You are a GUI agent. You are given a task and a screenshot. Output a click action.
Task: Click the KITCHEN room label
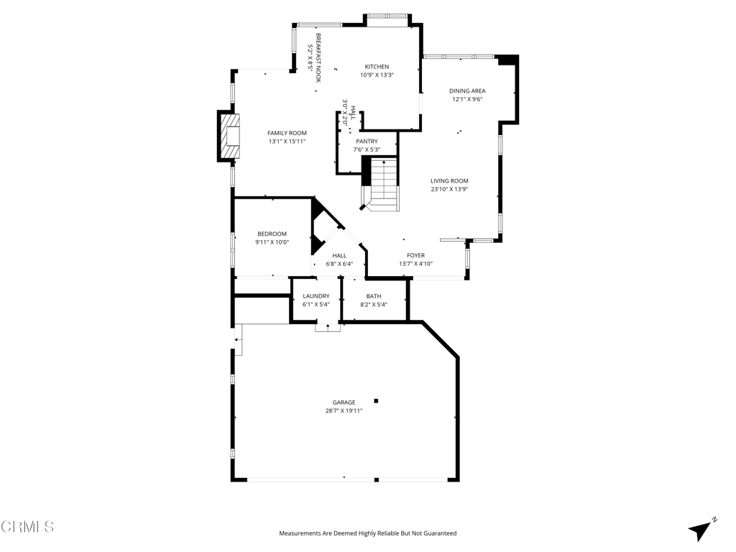click(377, 67)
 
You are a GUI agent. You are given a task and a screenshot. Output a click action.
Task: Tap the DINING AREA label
click(467, 91)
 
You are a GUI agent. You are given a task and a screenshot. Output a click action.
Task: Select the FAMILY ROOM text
click(287, 133)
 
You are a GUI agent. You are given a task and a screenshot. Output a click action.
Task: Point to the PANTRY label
click(367, 142)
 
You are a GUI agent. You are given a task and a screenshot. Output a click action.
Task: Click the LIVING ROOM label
click(450, 180)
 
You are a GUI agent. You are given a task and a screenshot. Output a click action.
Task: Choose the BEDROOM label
click(272, 234)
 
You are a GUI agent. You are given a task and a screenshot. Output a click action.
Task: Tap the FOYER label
click(416, 255)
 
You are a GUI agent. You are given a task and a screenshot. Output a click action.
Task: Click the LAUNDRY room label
click(316, 296)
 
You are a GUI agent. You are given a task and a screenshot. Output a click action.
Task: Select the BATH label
click(374, 296)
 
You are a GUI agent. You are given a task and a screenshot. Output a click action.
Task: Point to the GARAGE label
click(344, 402)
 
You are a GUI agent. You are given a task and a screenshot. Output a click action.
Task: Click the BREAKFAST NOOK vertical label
click(318, 57)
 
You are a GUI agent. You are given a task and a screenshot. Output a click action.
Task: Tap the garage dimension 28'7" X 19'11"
click(344, 410)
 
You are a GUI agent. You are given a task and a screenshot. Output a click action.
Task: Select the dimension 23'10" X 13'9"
click(450, 189)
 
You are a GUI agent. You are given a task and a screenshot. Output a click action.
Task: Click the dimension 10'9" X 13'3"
click(377, 75)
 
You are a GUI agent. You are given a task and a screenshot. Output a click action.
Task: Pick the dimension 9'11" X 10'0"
click(272, 242)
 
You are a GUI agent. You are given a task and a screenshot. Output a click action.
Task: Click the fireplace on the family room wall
click(229, 136)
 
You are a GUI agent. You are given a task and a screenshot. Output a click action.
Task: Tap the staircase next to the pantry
click(380, 185)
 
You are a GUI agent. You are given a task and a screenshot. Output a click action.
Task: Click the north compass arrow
click(701, 530)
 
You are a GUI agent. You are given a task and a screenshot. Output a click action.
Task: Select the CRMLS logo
click(27, 527)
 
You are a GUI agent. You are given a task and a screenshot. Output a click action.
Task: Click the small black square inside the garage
click(376, 401)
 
